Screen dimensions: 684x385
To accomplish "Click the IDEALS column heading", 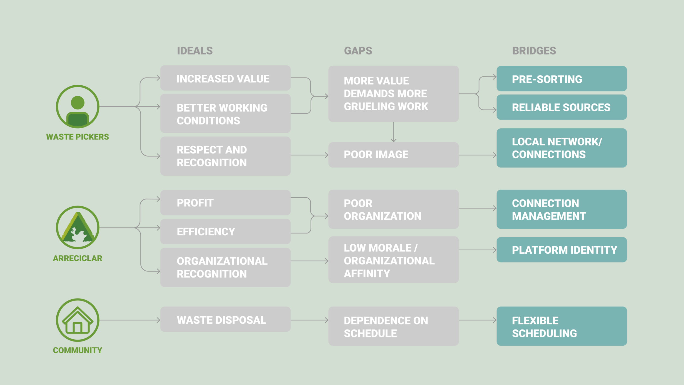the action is pyautogui.click(x=195, y=51).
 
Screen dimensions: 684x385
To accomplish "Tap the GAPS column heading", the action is pyautogui.click(x=358, y=51).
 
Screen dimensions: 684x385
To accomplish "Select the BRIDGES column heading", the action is pyautogui.click(x=534, y=51).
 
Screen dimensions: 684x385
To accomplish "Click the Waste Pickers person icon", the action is pyautogui.click(x=78, y=107).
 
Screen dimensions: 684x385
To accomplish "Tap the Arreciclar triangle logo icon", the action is pyautogui.click(x=78, y=228).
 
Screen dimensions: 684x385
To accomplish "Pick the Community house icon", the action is pyautogui.click(x=78, y=320).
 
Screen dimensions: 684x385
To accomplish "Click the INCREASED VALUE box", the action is pyautogui.click(x=225, y=78).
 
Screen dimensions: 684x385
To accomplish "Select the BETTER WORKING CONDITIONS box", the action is pyautogui.click(x=225, y=114).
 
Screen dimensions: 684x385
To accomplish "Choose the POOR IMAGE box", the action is pyautogui.click(x=393, y=155).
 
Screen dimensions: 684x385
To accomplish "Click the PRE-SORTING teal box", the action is pyautogui.click(x=562, y=79).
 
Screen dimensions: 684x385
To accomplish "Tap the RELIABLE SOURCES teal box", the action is pyautogui.click(x=562, y=107).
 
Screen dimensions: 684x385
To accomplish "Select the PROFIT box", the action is pyautogui.click(x=225, y=203).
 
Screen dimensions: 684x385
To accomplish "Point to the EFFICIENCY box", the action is pyautogui.click(x=225, y=231).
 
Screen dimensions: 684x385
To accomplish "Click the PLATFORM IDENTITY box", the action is pyautogui.click(x=562, y=250).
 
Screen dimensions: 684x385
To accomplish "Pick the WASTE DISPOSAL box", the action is pyautogui.click(x=225, y=319).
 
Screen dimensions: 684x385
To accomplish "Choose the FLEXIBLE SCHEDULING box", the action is pyautogui.click(x=562, y=326).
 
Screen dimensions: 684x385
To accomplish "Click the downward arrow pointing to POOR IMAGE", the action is pyautogui.click(x=394, y=132).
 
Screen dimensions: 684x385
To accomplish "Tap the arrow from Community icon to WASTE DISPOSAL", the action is pyautogui.click(x=130, y=320).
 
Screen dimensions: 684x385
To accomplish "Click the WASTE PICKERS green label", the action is pyautogui.click(x=77, y=137).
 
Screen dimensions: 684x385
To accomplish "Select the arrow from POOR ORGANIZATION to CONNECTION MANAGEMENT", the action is pyautogui.click(x=478, y=208).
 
